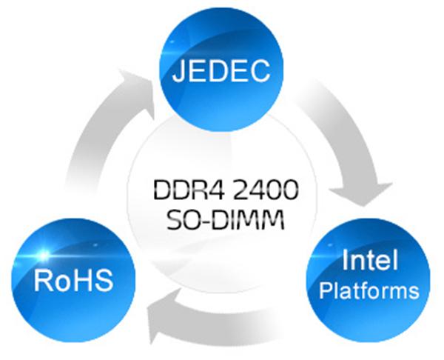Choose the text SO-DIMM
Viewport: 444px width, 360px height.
point(221,220)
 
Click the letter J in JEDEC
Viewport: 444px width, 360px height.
point(180,73)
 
